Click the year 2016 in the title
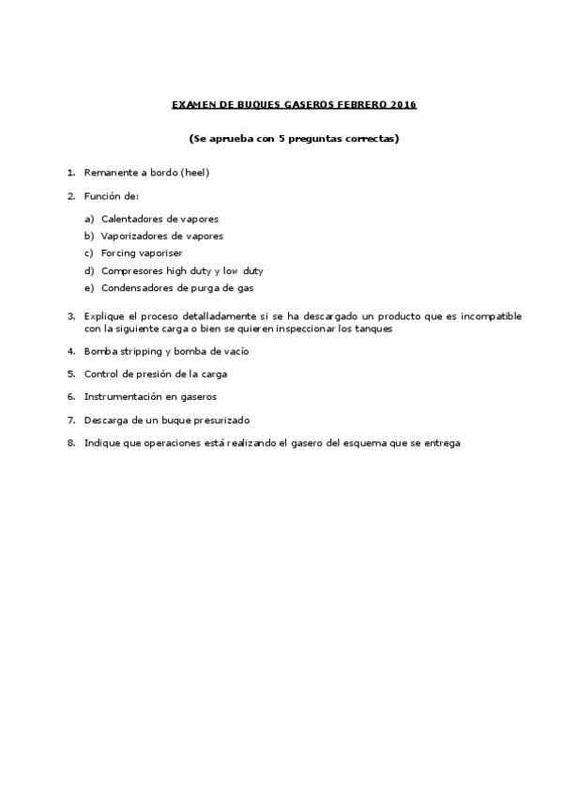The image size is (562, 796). pos(403,104)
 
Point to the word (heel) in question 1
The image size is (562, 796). pos(193,173)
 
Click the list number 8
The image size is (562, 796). pos(70,443)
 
